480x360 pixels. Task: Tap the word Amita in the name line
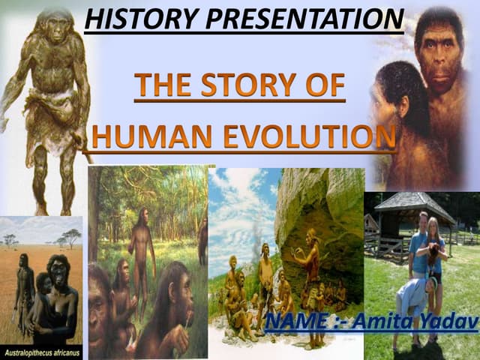click(x=382, y=322)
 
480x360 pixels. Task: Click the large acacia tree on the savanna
click(x=71, y=235)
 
